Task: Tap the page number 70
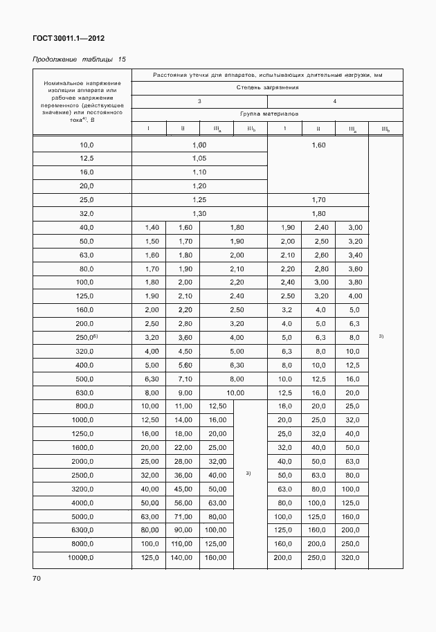click(37, 577)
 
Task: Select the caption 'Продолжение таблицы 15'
click(79, 60)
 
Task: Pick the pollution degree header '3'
click(199, 101)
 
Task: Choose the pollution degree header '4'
click(334, 101)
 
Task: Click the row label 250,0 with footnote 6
click(87, 337)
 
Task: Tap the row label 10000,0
click(82, 557)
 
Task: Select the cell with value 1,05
click(199, 158)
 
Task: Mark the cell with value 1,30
click(199, 213)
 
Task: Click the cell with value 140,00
click(182, 557)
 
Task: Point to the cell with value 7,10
click(182, 379)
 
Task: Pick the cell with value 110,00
click(182, 543)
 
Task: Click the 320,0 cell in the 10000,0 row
click(352, 557)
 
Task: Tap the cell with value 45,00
click(182, 489)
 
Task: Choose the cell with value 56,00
click(182, 503)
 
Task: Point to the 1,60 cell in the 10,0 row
click(318, 145)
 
